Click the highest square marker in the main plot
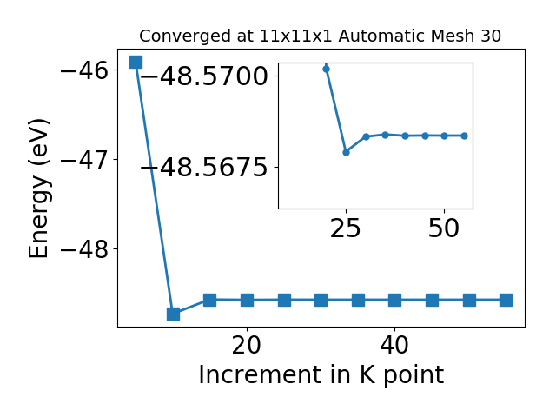(136, 62)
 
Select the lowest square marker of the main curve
(173, 314)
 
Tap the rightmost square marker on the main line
(506, 300)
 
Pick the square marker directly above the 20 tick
(247, 300)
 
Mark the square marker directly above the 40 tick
(395, 300)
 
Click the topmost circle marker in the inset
(327, 69)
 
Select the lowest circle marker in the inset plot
(346, 153)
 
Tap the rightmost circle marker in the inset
(465, 136)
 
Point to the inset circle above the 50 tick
(444, 136)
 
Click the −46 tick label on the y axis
(84, 70)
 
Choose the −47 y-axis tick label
(84, 160)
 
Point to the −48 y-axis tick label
(84, 249)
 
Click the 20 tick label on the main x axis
(247, 346)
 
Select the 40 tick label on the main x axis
(394, 346)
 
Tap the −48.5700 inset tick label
(204, 76)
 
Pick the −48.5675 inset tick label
(204, 168)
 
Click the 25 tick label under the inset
(346, 228)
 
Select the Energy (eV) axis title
(39, 189)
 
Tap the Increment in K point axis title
(321, 374)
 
